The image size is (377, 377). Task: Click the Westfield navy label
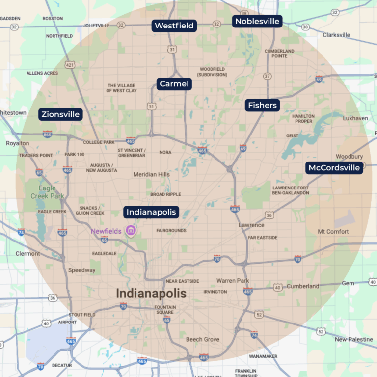pos(174,26)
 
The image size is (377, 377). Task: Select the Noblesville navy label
pos(257,21)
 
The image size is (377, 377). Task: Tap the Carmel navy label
pos(174,84)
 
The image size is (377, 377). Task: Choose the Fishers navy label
pos(262,105)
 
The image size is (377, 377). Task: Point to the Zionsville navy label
pos(60,114)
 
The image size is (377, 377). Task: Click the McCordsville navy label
pos(334,168)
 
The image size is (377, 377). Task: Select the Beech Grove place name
pos(203,339)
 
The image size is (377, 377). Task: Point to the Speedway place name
pos(82,270)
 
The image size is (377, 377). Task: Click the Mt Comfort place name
pos(333,231)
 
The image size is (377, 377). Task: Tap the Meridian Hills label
pos(152,174)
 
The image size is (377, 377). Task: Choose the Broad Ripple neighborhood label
pos(165,194)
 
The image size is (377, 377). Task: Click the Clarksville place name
pos(336,35)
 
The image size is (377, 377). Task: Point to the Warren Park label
pos(233,281)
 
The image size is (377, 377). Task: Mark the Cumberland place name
pos(303,286)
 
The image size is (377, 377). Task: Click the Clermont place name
pos(27,254)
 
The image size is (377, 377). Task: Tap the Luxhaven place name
pos(355,118)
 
